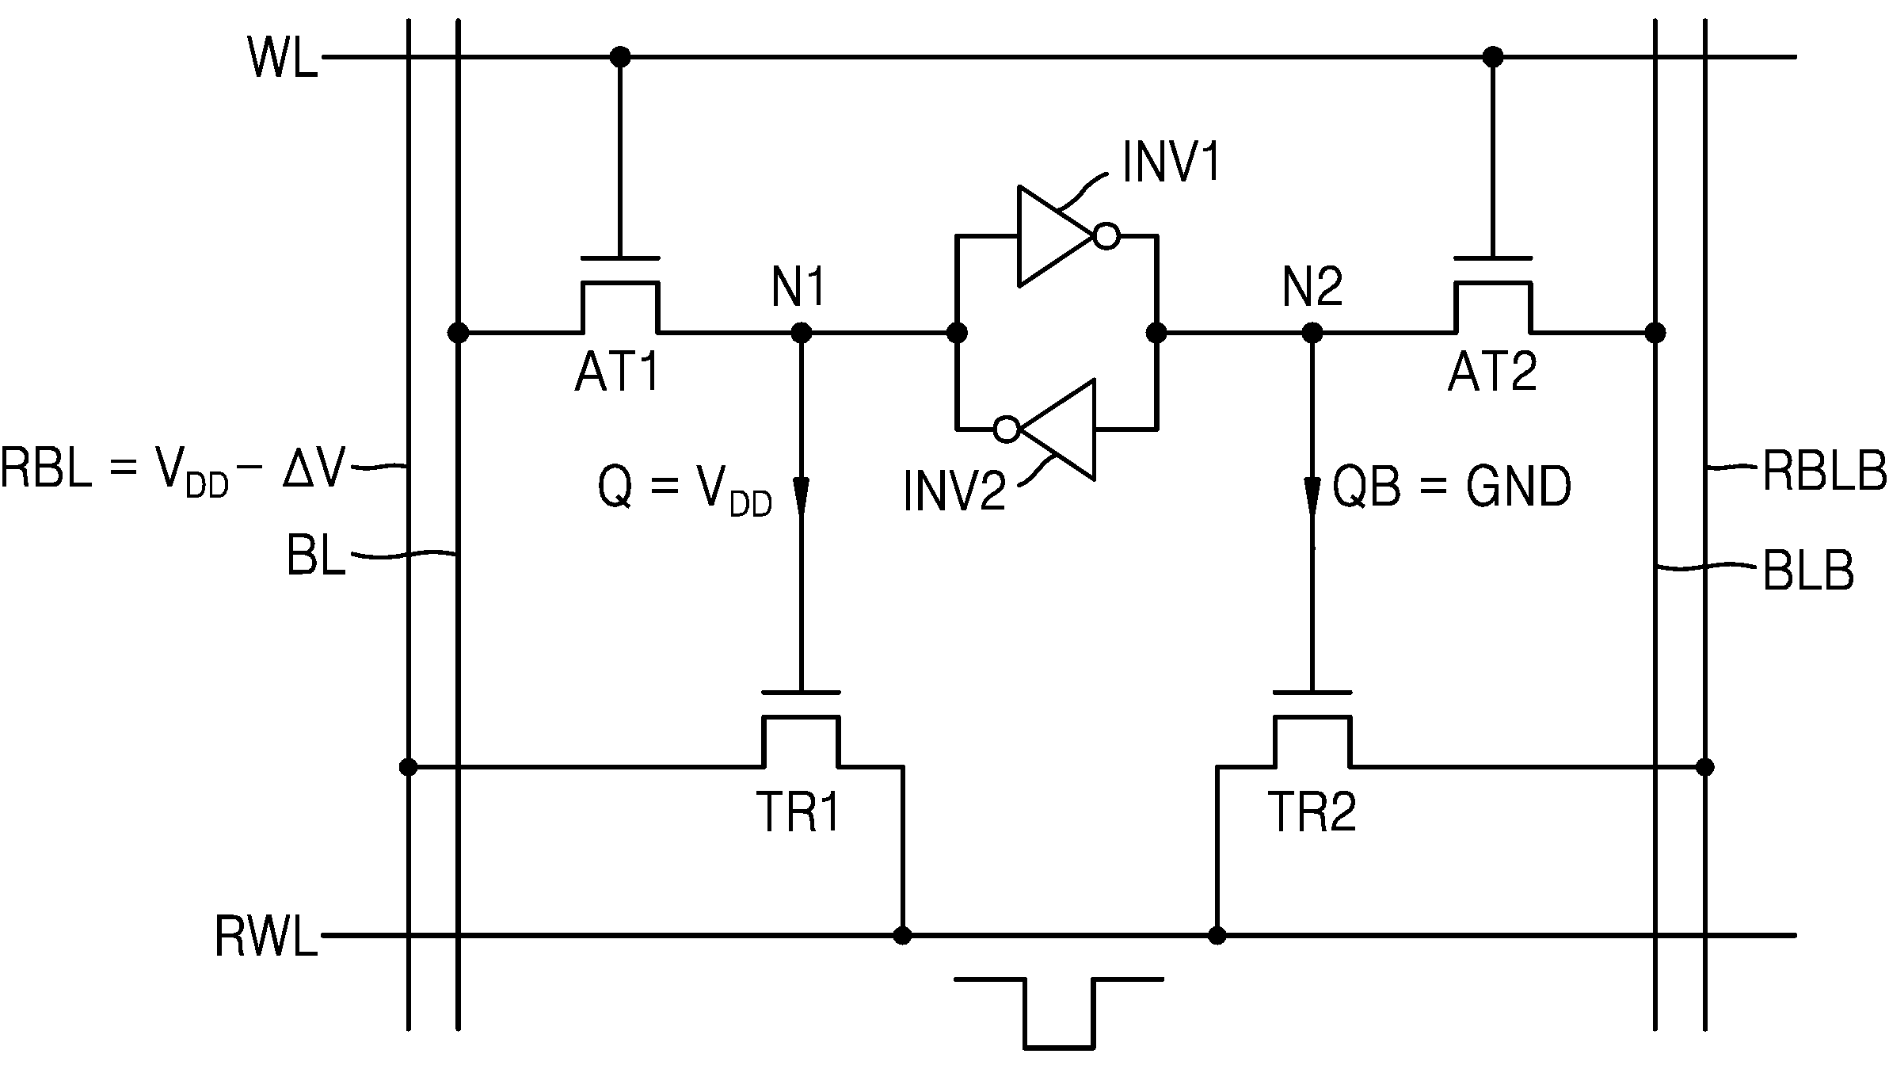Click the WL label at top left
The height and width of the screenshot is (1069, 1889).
click(283, 58)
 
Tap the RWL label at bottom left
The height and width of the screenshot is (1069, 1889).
click(266, 937)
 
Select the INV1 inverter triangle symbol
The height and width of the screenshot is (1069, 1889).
click(1057, 236)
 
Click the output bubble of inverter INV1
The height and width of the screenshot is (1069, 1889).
click(1107, 236)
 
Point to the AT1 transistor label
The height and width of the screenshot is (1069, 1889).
click(618, 372)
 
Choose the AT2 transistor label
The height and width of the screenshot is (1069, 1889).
click(1492, 372)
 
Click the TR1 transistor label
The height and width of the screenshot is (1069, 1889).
click(798, 812)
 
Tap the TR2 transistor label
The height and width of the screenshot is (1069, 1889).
click(1312, 812)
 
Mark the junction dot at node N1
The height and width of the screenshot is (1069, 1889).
click(802, 333)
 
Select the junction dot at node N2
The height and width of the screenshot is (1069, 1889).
click(1312, 333)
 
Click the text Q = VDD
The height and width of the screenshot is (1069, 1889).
click(685, 490)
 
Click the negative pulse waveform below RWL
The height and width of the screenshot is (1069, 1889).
click(1059, 1014)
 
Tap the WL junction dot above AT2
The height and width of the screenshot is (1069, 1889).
click(1493, 57)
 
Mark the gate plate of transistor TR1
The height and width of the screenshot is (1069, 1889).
click(802, 693)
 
